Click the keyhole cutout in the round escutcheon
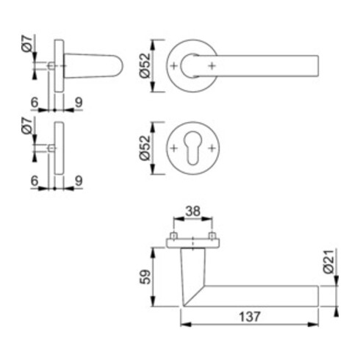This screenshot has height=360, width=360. tap(192, 148)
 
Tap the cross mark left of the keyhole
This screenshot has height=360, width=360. tap(174, 148)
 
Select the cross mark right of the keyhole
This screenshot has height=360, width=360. tap(212, 148)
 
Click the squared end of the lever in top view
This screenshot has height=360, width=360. tap(317, 65)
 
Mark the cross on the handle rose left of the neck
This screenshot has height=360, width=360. tap(174, 67)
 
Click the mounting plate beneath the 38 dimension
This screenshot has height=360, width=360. tap(192, 243)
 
